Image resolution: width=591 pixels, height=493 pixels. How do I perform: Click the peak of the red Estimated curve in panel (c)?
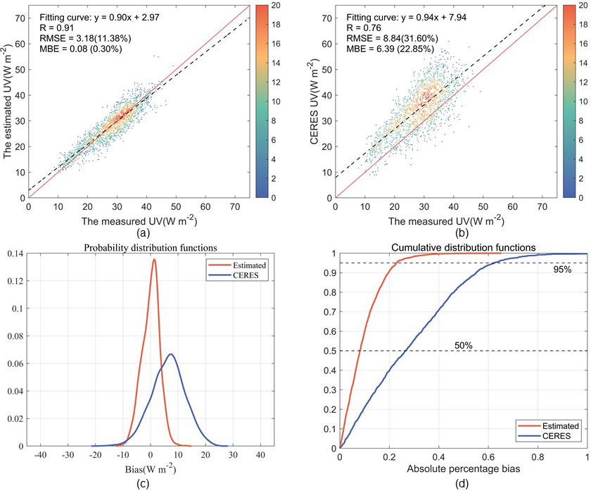(x=153, y=259)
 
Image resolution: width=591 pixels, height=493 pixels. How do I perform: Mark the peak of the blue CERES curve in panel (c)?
(x=170, y=354)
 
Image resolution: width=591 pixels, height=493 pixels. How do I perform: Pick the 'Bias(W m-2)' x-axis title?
(x=151, y=468)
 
